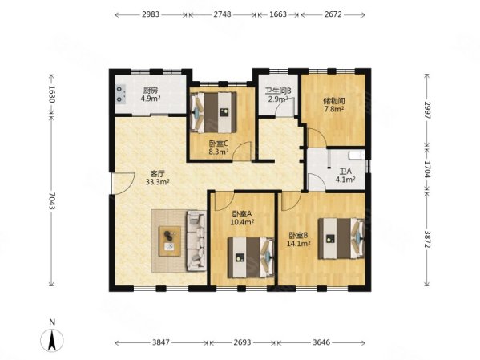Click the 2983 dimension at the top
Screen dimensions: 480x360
coord(151,14)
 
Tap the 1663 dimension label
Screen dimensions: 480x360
coord(278,14)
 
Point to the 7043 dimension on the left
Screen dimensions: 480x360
coord(51,201)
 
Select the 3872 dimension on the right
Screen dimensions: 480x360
coord(427,240)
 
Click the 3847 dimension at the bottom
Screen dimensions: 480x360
coord(161,342)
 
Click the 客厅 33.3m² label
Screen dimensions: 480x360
coord(158,178)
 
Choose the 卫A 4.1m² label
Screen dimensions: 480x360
coord(345,176)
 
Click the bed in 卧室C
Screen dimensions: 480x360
coord(213,112)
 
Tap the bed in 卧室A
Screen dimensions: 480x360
coord(251,257)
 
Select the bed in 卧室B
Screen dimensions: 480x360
coord(341,238)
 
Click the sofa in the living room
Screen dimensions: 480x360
coord(196,241)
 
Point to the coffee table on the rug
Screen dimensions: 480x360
coord(170,241)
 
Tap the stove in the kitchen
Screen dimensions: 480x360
coord(121,94)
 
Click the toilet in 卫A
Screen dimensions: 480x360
coord(357,155)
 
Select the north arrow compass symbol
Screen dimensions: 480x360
coord(52,339)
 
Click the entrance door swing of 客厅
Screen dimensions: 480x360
coord(123,183)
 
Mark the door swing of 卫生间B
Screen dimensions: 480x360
coord(284,107)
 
